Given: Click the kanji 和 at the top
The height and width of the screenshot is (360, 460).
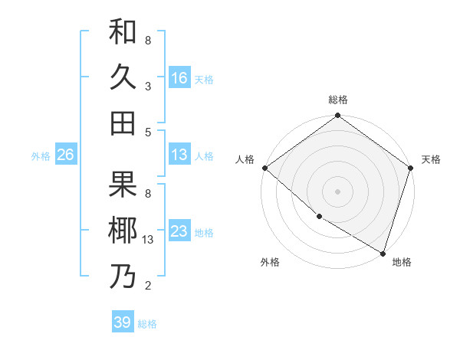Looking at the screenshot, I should [x=123, y=33].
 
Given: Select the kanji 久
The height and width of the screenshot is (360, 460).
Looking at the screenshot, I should [x=123, y=78].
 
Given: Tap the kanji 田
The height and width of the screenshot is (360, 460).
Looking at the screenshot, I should [x=123, y=123].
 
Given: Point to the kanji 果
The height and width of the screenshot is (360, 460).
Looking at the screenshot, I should [x=123, y=184].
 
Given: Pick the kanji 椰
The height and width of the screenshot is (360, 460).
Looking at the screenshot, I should [x=123, y=230].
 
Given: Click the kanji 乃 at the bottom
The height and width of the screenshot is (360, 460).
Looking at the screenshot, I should [x=123, y=276].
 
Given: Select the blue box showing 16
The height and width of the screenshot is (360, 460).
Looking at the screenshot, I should [x=179, y=78].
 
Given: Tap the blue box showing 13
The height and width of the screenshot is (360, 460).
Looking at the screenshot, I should [x=179, y=155].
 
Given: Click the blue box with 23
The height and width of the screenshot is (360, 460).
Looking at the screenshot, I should [x=179, y=231].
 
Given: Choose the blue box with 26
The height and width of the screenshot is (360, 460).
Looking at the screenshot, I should [x=65, y=155].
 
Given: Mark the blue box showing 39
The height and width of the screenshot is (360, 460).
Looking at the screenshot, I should [x=122, y=322].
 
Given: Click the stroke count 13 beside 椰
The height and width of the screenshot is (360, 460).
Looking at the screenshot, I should [x=149, y=241].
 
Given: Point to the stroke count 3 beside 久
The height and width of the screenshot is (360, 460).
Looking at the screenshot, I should [x=147, y=87].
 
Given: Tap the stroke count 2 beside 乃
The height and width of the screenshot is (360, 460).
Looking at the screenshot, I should [x=147, y=286].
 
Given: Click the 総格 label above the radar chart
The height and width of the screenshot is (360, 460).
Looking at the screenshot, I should [x=337, y=100].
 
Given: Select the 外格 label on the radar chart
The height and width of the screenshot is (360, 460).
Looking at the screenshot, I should [x=270, y=262].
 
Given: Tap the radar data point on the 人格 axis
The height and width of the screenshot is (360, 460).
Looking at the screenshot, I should [x=264, y=168].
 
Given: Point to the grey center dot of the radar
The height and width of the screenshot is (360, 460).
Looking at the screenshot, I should [x=337, y=191].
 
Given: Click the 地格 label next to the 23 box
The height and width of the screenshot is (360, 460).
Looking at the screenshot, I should [x=204, y=232].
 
